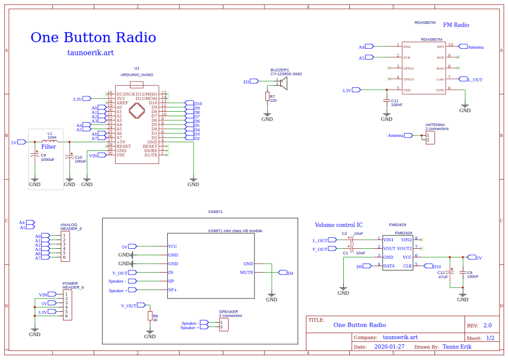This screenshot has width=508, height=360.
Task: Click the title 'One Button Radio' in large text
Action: pyautogui.click(x=93, y=38)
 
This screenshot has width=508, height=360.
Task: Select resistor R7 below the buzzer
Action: pyautogui.click(x=267, y=96)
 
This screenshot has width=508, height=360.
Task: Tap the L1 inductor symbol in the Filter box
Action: pyautogui.click(x=50, y=142)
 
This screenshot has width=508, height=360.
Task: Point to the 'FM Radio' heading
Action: pyautogui.click(x=456, y=25)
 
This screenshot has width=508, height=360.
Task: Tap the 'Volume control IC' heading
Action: pyautogui.click(x=339, y=225)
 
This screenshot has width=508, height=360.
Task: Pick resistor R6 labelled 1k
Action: pyautogui.click(x=150, y=316)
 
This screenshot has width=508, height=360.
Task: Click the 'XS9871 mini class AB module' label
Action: pyautogui.click(x=235, y=230)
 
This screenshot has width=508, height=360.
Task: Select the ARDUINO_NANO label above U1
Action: pyautogui.click(x=137, y=74)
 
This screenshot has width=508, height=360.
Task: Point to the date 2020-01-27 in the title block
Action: pyautogui.click(x=389, y=347)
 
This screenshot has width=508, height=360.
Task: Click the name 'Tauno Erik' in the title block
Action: pyautogui.click(x=457, y=347)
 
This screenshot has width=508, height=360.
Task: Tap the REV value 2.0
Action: pyautogui.click(x=487, y=325)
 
